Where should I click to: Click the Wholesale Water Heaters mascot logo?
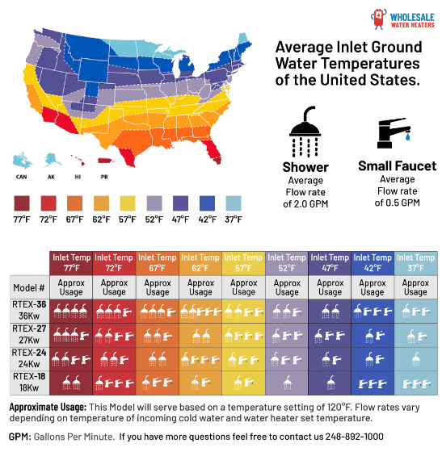pyautogui.click(x=378, y=19)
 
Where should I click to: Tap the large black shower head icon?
pyautogui.click(x=305, y=131)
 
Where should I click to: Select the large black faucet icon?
pyautogui.click(x=394, y=133)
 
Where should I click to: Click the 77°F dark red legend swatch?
pyautogui.click(x=22, y=203)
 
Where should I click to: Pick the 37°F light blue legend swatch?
pyautogui.click(x=234, y=203)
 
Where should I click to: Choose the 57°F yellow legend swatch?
pyautogui.click(x=128, y=203)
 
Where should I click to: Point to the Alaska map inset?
pyautogui.click(x=52, y=161)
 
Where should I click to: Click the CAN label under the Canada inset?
pyautogui.click(x=21, y=177)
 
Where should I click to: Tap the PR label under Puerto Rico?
pyautogui.click(x=104, y=177)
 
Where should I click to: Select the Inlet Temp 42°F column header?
pyautogui.click(x=373, y=263)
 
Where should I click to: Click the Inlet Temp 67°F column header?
pyautogui.click(x=158, y=263)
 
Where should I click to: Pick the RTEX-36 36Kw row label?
pyautogui.click(x=29, y=310)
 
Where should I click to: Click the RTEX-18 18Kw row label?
pyautogui.click(x=29, y=383)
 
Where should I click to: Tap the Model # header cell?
pyautogui.click(x=29, y=287)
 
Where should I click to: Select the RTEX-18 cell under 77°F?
pyautogui.click(x=71, y=383)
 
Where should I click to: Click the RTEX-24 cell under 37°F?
pyautogui.click(x=416, y=359)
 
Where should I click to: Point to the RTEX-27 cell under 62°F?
pyautogui.click(x=200, y=335)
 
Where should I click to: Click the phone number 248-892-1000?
pyautogui.click(x=354, y=437)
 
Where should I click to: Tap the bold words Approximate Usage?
pyautogui.click(x=48, y=407)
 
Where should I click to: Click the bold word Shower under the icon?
pyautogui.click(x=305, y=167)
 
